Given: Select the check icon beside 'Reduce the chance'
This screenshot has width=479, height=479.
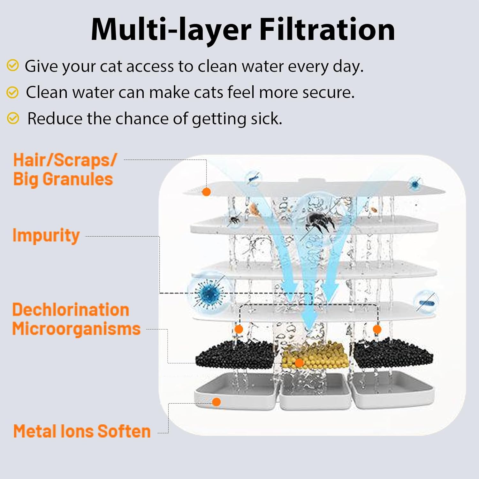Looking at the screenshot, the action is pyautogui.click(x=13, y=118).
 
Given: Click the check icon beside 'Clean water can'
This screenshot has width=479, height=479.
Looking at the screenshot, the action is pyautogui.click(x=12, y=92).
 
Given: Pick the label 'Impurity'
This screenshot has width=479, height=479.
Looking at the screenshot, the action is pyautogui.click(x=46, y=236).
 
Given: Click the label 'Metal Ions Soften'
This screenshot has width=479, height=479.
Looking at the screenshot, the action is pyautogui.click(x=82, y=431).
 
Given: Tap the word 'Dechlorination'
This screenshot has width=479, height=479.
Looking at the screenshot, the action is pyautogui.click(x=71, y=310).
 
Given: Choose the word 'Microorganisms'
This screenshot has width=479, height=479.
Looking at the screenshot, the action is pyautogui.click(x=76, y=329).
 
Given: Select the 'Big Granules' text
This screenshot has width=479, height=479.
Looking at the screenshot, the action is pyautogui.click(x=63, y=179).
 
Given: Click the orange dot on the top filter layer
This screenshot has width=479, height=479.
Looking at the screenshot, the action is pyautogui.click(x=207, y=192).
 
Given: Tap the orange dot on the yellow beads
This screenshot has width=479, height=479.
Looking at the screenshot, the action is pyautogui.click(x=299, y=363).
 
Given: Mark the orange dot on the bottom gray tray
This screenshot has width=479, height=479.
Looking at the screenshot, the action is pyautogui.click(x=217, y=402).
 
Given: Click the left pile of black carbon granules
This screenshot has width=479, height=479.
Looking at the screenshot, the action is pyautogui.click(x=235, y=354).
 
